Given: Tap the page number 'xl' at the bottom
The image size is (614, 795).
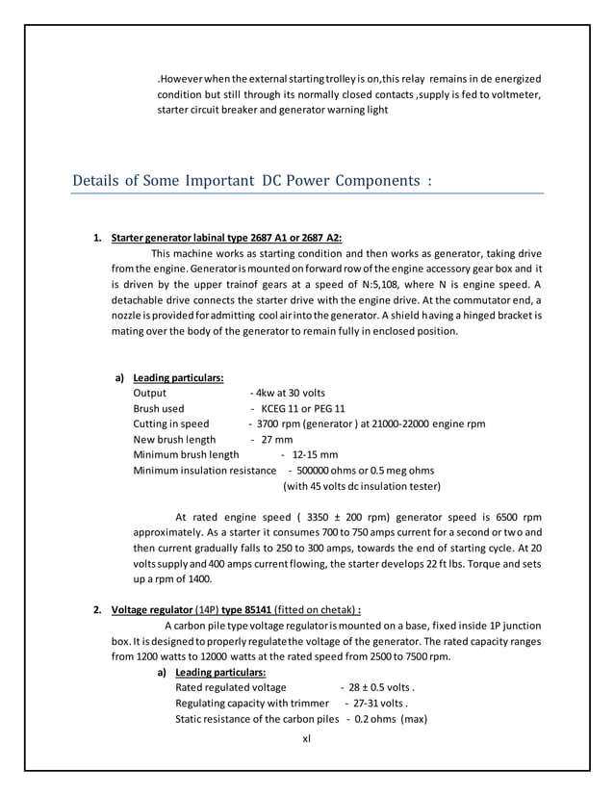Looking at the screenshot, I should (306, 739).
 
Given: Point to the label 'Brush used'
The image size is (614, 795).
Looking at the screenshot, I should (159, 408).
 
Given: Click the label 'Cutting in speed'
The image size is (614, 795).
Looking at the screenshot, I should (170, 423).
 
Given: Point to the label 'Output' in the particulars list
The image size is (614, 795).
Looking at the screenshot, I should (149, 393).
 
